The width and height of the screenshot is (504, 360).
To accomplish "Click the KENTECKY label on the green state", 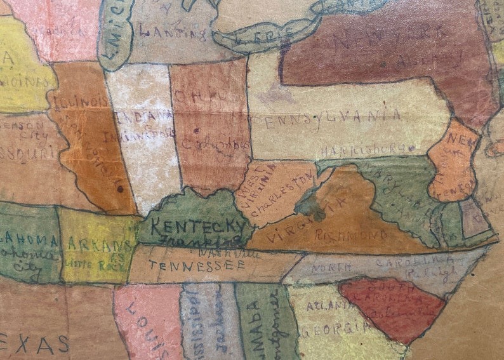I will tap(199, 226).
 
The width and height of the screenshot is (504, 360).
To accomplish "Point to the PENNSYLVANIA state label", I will tap(326, 118).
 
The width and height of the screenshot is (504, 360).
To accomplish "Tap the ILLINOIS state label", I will tap(81, 102).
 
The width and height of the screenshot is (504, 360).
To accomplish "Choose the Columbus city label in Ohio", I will tap(215, 143).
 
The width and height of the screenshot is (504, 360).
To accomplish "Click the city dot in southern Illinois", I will tap(119, 188).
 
